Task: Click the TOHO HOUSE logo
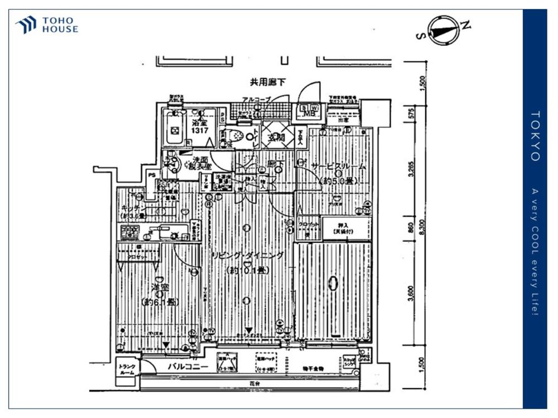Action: (47, 25)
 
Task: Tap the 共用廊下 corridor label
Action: (268, 82)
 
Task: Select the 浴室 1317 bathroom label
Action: (199, 127)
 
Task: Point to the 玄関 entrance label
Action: (276, 138)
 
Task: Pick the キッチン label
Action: (133, 207)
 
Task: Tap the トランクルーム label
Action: (127, 370)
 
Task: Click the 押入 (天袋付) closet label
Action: (345, 227)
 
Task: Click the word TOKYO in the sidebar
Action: (535, 136)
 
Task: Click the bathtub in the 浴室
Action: (175, 130)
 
